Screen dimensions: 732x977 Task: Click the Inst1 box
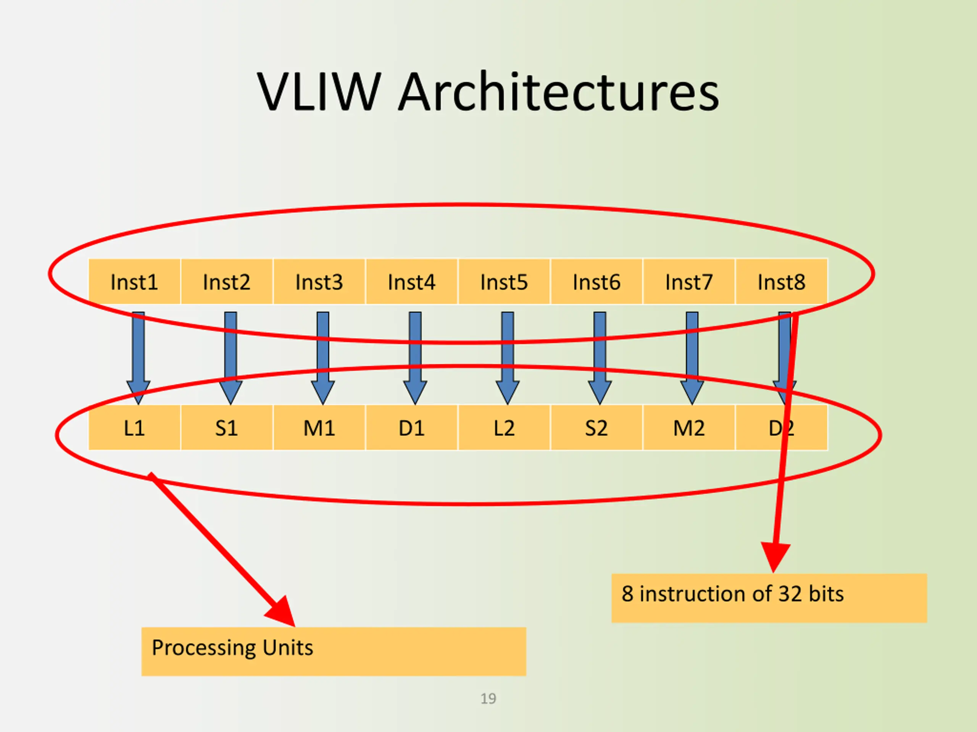pyautogui.click(x=134, y=281)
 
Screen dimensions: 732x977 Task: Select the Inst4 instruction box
pyautogui.click(x=412, y=281)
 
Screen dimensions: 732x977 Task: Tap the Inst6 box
pyautogui.click(x=596, y=281)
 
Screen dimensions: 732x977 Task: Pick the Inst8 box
pyautogui.click(x=781, y=281)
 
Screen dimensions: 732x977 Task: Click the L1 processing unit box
pyautogui.click(x=134, y=427)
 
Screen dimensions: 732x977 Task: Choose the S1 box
pyautogui.click(x=227, y=427)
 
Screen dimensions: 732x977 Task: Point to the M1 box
pyautogui.click(x=319, y=427)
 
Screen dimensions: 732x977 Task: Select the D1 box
pyautogui.click(x=412, y=427)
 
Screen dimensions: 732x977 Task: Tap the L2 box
pyautogui.click(x=504, y=427)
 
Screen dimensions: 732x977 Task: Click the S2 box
pyautogui.click(x=596, y=427)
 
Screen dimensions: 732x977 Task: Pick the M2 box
pyautogui.click(x=688, y=427)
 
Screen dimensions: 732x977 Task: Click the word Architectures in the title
pyautogui.click(x=558, y=93)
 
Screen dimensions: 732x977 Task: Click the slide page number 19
pyautogui.click(x=488, y=698)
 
